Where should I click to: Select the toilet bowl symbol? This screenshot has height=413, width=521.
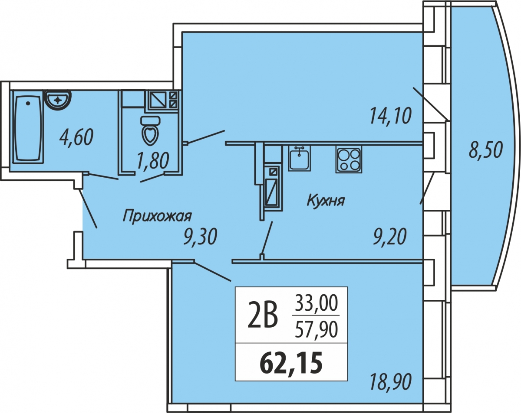tap(151, 130)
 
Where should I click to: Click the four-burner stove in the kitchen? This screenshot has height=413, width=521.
tap(349, 159)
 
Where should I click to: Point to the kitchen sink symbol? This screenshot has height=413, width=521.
tap(300, 158)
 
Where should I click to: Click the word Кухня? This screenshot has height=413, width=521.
tap(326, 201)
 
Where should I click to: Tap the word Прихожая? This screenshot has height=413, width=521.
tap(157, 216)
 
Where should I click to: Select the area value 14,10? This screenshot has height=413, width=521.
tap(390, 116)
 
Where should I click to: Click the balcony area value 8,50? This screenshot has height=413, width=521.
tap(486, 150)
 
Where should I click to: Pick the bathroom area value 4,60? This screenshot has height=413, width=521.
tap(76, 137)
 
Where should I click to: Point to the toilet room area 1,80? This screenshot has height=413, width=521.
tap(152, 161)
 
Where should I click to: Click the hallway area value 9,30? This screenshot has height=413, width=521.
tap(200, 237)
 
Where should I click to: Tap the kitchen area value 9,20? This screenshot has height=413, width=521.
tap(389, 237)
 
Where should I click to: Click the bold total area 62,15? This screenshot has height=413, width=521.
tap(291, 362)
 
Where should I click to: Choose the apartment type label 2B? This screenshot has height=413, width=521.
tap(262, 315)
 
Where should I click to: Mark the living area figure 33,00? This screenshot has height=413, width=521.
tap(316, 304)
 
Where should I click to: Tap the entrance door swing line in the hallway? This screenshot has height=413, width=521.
tap(88, 208)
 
